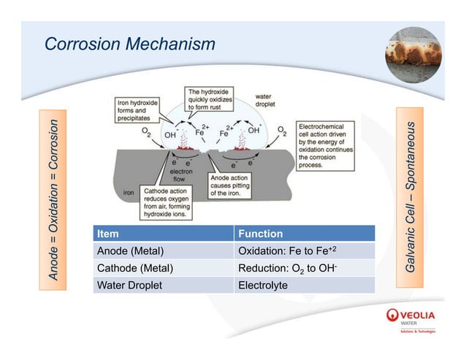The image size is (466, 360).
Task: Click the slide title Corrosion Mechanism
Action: [x=130, y=45]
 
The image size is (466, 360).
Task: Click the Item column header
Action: [x=160, y=234]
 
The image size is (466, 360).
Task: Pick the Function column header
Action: [x=304, y=234]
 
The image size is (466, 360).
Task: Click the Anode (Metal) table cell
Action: [x=160, y=251]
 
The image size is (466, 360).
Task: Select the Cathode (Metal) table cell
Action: [x=160, y=268]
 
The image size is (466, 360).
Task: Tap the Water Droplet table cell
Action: [x=160, y=285]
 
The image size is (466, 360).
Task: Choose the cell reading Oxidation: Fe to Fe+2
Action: [x=304, y=251]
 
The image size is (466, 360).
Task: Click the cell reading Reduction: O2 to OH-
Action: [x=304, y=268]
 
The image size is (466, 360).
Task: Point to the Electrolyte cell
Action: [x=304, y=285]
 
